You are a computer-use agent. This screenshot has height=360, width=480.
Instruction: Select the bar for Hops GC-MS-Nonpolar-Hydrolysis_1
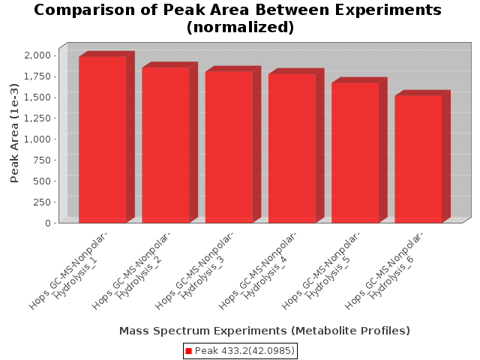[103, 139]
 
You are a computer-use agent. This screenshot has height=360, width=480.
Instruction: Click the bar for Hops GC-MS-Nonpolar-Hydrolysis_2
[166, 145]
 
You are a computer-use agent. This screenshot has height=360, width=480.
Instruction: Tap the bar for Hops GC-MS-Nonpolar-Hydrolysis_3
[229, 147]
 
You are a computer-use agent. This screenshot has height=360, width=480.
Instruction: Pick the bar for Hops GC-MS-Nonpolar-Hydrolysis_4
[292, 148]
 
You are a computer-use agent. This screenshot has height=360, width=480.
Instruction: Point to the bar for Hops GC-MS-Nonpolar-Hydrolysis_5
[355, 153]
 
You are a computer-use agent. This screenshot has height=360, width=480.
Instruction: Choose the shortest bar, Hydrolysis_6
[418, 159]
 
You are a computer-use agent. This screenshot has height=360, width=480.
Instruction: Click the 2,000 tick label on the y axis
[37, 55]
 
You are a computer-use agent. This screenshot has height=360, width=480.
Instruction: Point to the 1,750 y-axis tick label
[37, 76]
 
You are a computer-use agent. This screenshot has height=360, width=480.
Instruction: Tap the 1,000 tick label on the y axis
[37, 139]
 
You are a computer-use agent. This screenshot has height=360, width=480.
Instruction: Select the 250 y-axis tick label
[41, 202]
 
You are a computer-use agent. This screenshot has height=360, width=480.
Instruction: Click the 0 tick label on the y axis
[48, 223]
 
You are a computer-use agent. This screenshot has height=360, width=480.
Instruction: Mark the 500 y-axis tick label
[41, 181]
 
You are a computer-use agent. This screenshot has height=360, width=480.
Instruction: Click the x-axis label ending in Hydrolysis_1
[68, 270]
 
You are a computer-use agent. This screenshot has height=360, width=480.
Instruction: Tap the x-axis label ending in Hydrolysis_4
[257, 270]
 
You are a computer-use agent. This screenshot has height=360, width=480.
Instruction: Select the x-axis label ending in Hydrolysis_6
[383, 270]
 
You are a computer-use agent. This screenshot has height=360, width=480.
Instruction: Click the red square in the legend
[188, 351]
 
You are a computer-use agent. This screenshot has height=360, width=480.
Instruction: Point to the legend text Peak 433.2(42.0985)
[244, 351]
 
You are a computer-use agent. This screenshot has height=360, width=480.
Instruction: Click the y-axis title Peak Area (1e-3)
[14, 133]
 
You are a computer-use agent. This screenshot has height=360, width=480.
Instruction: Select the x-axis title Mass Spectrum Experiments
[203, 331]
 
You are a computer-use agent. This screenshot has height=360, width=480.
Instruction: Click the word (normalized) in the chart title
[240, 27]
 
